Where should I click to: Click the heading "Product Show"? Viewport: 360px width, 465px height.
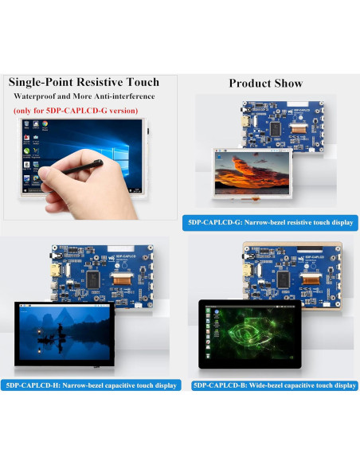click(265, 83)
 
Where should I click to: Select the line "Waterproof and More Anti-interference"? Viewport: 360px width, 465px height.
click(83, 96)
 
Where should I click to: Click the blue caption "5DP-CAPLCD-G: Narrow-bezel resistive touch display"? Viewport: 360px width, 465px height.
click(268, 222)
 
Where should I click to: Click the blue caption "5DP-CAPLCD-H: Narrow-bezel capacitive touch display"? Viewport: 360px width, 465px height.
click(91, 385)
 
